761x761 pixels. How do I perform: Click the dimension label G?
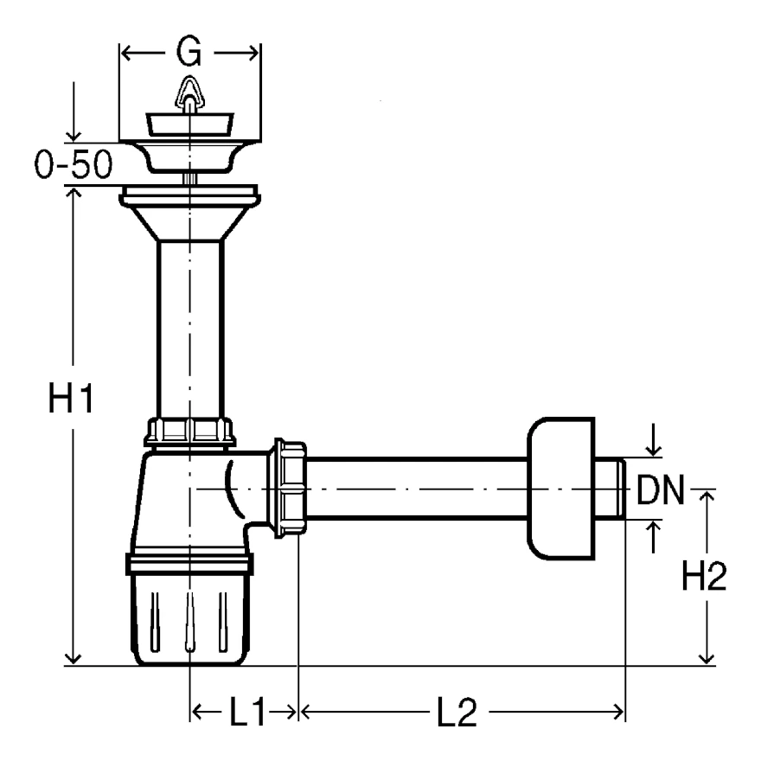189,52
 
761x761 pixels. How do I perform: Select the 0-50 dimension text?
74,164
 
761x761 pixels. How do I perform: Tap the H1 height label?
71,398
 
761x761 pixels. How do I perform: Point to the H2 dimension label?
704,576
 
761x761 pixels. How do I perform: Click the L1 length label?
247,712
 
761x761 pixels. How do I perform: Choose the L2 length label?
457,712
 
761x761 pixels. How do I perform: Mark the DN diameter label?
660,489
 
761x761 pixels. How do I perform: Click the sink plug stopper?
189,125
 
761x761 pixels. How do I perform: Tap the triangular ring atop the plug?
189,93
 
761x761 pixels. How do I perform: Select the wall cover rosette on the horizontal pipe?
561,489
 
